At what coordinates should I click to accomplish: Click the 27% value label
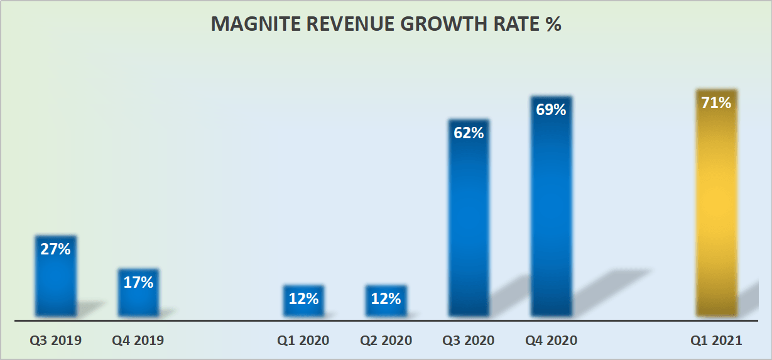pos(55,249)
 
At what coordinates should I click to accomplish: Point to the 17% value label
pos(138,283)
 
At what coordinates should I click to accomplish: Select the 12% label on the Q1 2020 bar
pos(303,298)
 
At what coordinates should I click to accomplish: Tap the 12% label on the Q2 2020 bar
pos(386,298)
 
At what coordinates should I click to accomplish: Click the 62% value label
pos(469,133)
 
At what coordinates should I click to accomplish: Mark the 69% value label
pos(551,109)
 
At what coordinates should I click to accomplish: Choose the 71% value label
pos(716,102)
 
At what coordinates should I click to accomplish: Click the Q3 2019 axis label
pos(55,341)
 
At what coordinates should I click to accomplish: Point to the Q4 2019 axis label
pos(138,341)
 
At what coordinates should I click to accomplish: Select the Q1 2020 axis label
pos(303,341)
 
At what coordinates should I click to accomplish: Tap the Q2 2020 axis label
pos(386,341)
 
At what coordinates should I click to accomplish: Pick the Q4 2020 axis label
pos(551,341)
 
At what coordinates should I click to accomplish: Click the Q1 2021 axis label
pos(716,341)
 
